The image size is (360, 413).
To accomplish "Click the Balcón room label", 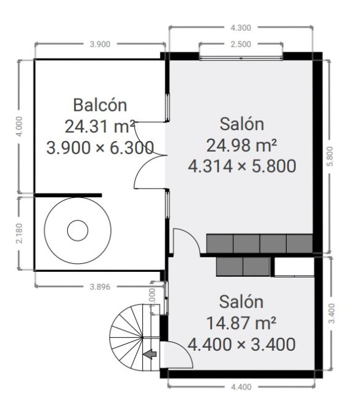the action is point(100,105).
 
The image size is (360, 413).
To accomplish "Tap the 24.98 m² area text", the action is point(242,145).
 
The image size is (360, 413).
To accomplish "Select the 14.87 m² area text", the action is point(241,323).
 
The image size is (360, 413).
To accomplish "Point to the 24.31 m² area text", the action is point(100,126).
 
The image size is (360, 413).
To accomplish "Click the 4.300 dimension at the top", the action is point(240,27).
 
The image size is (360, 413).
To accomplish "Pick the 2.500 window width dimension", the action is point(240,44).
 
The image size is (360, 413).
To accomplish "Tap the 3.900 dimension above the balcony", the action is point(100,44).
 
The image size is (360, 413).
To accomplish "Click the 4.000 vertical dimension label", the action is point(19,126).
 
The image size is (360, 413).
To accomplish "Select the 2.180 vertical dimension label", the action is point(19,233).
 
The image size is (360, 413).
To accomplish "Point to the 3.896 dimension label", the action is point(100,287).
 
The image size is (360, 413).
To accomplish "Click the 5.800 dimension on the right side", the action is point(331,156).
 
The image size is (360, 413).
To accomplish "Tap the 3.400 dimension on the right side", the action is point(332,313).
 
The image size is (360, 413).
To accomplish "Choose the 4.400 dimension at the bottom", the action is point(241,387).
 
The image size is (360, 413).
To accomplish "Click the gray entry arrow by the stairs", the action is point(150,354).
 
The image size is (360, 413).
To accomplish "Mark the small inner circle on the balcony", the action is point(78,231).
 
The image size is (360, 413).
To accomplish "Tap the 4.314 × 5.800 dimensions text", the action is point(242,166).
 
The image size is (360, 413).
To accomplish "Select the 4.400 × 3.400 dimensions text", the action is point(241,344).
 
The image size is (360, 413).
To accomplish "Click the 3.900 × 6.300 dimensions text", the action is point(100,147).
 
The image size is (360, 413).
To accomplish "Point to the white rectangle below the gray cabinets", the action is point(294,267).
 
